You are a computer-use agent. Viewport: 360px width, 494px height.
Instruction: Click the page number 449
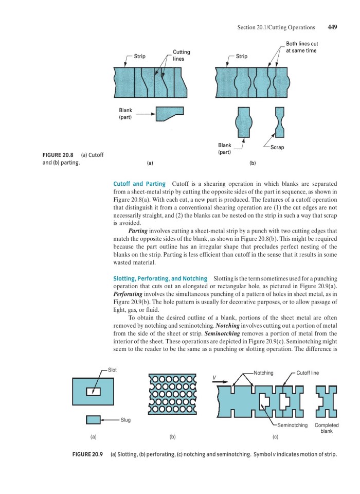click(x=332, y=27)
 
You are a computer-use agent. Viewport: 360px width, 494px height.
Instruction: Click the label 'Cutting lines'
click(x=181, y=56)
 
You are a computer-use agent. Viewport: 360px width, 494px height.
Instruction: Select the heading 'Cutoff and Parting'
click(x=139, y=184)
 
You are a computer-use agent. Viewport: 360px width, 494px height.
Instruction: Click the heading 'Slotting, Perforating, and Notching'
click(x=160, y=278)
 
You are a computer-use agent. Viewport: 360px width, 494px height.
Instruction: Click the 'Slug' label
click(x=126, y=420)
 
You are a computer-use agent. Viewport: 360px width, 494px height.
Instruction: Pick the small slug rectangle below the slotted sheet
click(x=93, y=420)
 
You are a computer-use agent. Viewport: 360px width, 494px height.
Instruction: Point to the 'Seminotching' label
click(x=292, y=426)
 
